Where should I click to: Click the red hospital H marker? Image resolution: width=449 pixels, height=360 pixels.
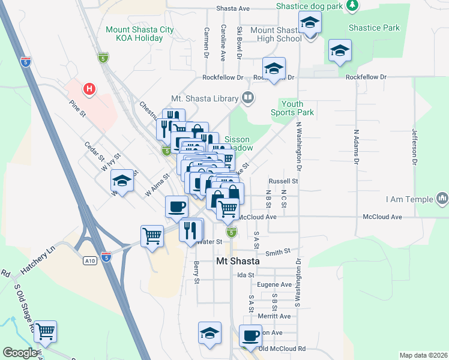[x=89, y=89]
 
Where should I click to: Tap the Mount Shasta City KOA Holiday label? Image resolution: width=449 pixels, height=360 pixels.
[x=134, y=34]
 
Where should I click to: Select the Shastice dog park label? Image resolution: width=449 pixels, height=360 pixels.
[x=310, y=6]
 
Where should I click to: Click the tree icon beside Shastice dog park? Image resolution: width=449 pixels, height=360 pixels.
[x=353, y=5]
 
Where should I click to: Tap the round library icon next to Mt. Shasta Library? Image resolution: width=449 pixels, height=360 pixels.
[x=247, y=97]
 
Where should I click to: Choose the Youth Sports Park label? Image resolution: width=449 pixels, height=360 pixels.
[x=292, y=108]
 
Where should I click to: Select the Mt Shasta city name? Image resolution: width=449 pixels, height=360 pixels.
[x=238, y=262]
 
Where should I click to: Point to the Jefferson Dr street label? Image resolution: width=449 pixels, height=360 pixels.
[x=414, y=146]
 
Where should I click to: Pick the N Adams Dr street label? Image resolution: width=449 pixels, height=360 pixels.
[x=356, y=146]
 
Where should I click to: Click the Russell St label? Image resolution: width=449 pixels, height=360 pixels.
[x=283, y=181]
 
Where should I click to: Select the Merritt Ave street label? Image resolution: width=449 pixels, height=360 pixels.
[x=274, y=316]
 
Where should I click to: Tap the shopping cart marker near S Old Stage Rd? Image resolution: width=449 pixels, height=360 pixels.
[x=45, y=331]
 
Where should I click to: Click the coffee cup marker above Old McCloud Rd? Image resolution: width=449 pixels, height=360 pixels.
[x=250, y=335]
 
